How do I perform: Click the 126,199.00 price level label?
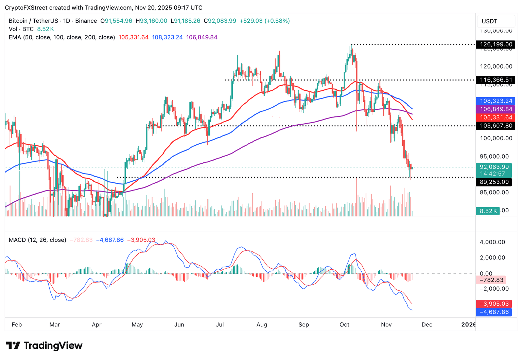[x=496, y=44]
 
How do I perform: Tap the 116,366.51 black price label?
[x=496, y=80]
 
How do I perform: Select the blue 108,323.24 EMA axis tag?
[x=496, y=101]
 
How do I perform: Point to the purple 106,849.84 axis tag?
[x=496, y=109]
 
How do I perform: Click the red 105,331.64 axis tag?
[x=496, y=118]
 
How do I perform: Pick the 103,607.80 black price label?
[x=496, y=126]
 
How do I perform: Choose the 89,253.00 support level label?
[x=494, y=182]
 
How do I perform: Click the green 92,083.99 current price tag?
[x=494, y=167]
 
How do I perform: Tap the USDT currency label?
[x=489, y=21]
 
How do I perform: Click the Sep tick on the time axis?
[x=303, y=325]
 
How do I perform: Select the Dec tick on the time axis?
[x=427, y=325]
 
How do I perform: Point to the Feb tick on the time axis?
[x=17, y=325]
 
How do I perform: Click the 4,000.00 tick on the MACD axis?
[x=492, y=242]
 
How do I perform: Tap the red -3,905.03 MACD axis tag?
[x=494, y=304]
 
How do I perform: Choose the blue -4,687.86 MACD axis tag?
[x=494, y=312]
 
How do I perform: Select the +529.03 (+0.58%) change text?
[x=264, y=21]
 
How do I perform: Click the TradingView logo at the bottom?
[x=44, y=346]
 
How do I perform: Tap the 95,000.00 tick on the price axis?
[x=494, y=157]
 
